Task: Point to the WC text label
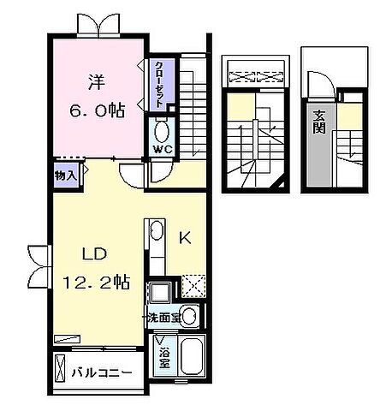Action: click(163, 148)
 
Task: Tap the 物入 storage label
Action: click(66, 174)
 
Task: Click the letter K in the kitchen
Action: click(184, 241)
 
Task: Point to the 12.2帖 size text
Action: click(96, 280)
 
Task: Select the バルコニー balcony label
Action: click(101, 374)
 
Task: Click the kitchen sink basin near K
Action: click(157, 231)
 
